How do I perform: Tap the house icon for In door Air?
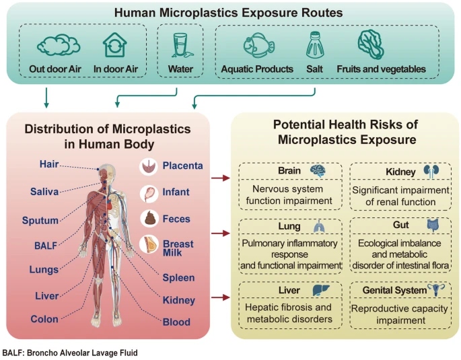115,45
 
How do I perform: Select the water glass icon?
180,45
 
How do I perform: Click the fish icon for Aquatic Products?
258,45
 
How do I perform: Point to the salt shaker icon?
316,45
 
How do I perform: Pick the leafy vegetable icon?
371,45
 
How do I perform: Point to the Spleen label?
179,277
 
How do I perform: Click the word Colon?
44,319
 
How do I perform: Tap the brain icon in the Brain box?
318,172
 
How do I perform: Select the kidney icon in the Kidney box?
429,172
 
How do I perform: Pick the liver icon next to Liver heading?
318,291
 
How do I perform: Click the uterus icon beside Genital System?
438,291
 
